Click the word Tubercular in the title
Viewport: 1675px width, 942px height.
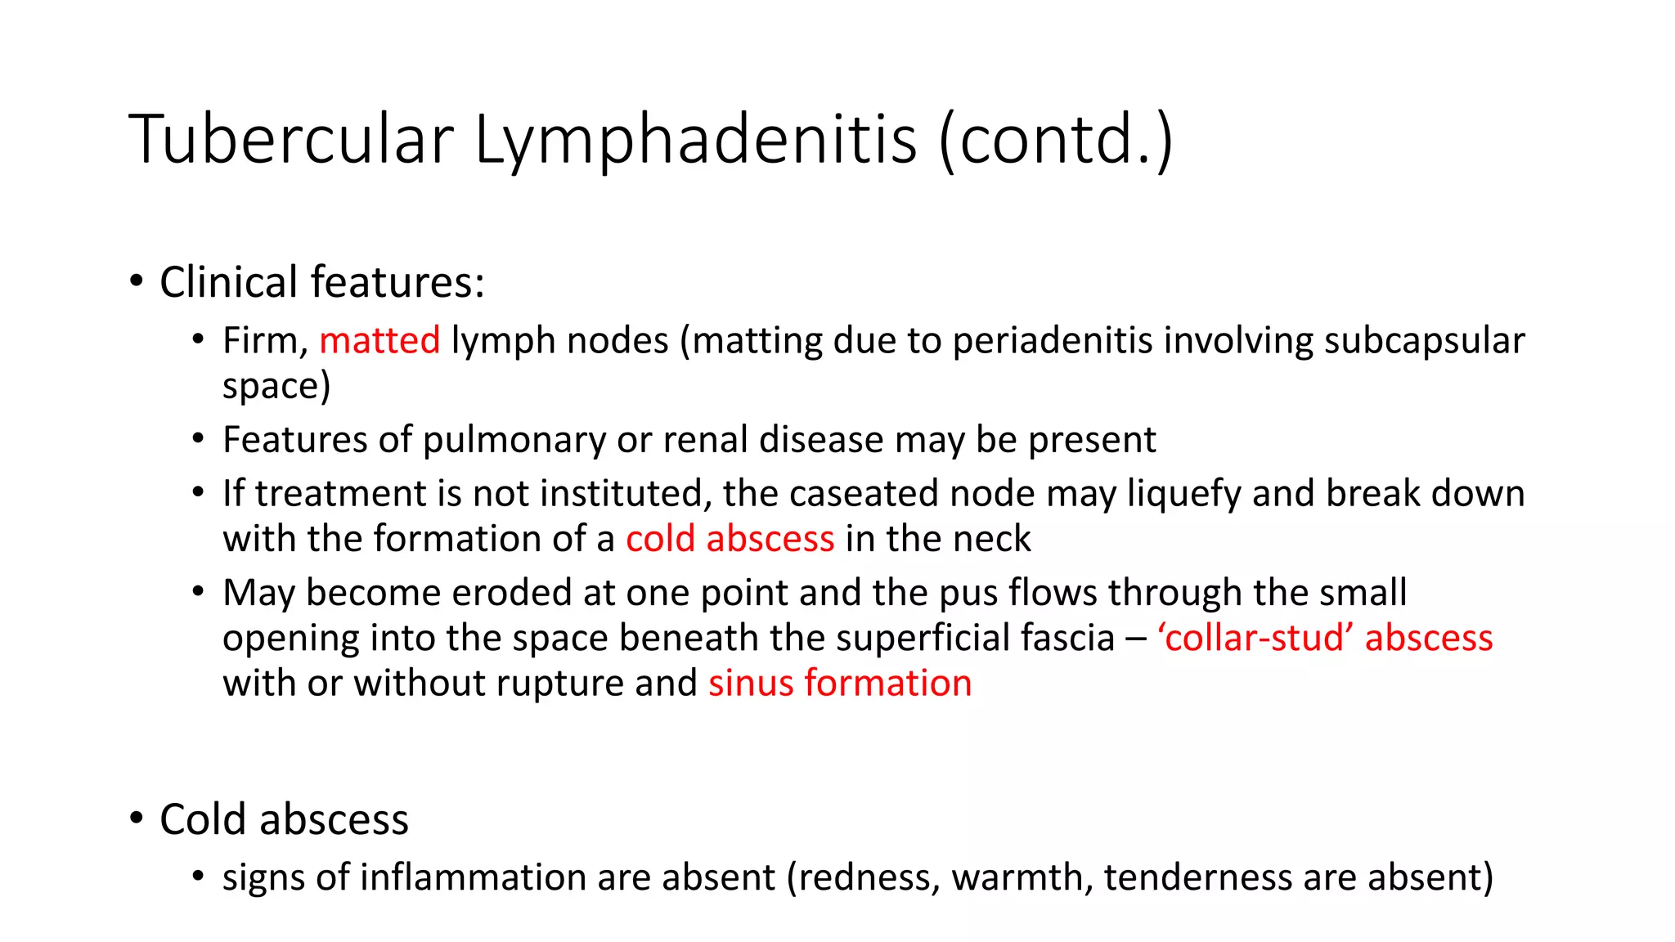tap(290, 139)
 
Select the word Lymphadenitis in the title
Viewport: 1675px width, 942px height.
tap(695, 141)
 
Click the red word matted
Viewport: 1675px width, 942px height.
tap(379, 341)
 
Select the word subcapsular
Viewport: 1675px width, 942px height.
tap(1424, 341)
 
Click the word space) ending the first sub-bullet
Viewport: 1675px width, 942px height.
tap(276, 386)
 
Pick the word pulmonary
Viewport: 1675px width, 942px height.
tap(514, 440)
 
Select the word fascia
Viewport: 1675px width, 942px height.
tap(1062, 638)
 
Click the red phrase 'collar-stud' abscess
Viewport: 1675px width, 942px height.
tap(1325, 638)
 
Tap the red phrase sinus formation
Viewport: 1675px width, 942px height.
tap(840, 684)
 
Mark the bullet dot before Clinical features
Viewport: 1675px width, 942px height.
tap(137, 282)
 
